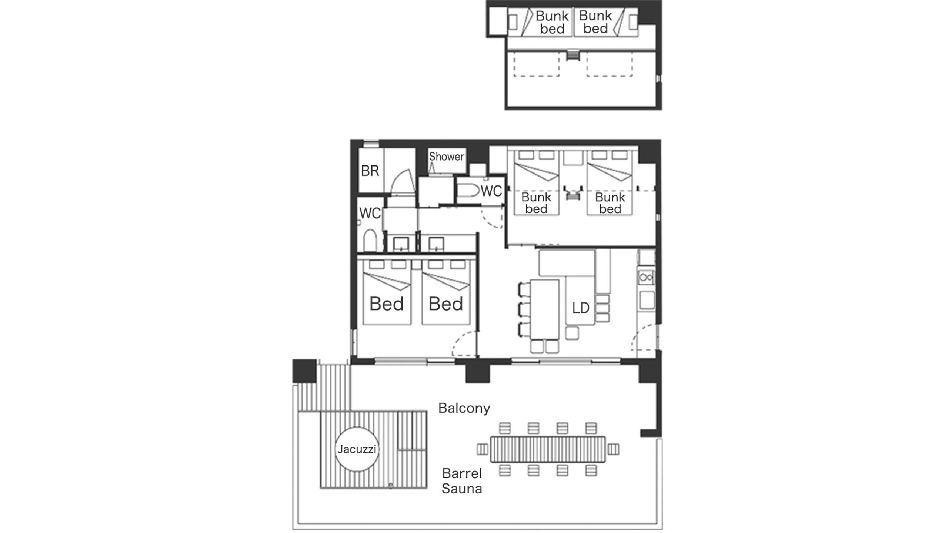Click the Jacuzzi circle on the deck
pyautogui.click(x=357, y=449)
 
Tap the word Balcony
pyautogui.click(x=464, y=408)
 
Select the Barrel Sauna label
pyautogui.click(x=462, y=481)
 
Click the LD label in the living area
pyautogui.click(x=580, y=308)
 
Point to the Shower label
pyautogui.click(x=446, y=157)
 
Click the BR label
pyautogui.click(x=370, y=171)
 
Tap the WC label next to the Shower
pyautogui.click(x=491, y=191)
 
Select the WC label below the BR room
pyautogui.click(x=370, y=213)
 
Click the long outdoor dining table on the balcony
pyautogui.click(x=548, y=449)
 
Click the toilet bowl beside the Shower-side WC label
pyautogui.click(x=468, y=191)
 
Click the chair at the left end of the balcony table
pyautogui.click(x=483, y=449)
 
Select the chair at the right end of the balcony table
pyautogui.click(x=613, y=449)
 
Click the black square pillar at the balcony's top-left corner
pyautogui.click(x=304, y=371)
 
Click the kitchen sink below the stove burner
pyautogui.click(x=646, y=300)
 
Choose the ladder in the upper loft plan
pyautogui.click(x=573, y=56)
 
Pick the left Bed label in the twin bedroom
pyautogui.click(x=387, y=304)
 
